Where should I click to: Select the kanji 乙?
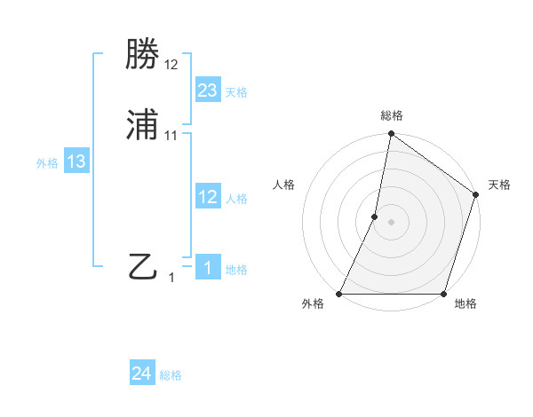(x=143, y=267)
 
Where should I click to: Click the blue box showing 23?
(x=208, y=90)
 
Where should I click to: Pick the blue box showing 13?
(x=76, y=161)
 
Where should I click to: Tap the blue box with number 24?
(x=142, y=374)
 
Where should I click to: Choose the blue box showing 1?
(x=208, y=267)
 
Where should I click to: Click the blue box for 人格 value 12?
(x=208, y=197)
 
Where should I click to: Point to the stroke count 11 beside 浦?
(x=171, y=136)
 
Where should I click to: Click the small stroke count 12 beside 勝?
(x=171, y=66)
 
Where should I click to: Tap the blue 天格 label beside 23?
(x=236, y=92)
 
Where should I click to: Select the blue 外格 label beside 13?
(x=47, y=163)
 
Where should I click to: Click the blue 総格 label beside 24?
(x=171, y=375)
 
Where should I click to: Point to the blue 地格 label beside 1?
(x=236, y=269)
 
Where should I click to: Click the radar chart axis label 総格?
(x=392, y=115)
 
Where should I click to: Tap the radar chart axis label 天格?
(x=499, y=185)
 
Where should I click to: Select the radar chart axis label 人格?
(x=284, y=185)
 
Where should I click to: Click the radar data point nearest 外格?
(x=339, y=294)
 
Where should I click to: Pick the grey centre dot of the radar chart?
(x=392, y=222)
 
